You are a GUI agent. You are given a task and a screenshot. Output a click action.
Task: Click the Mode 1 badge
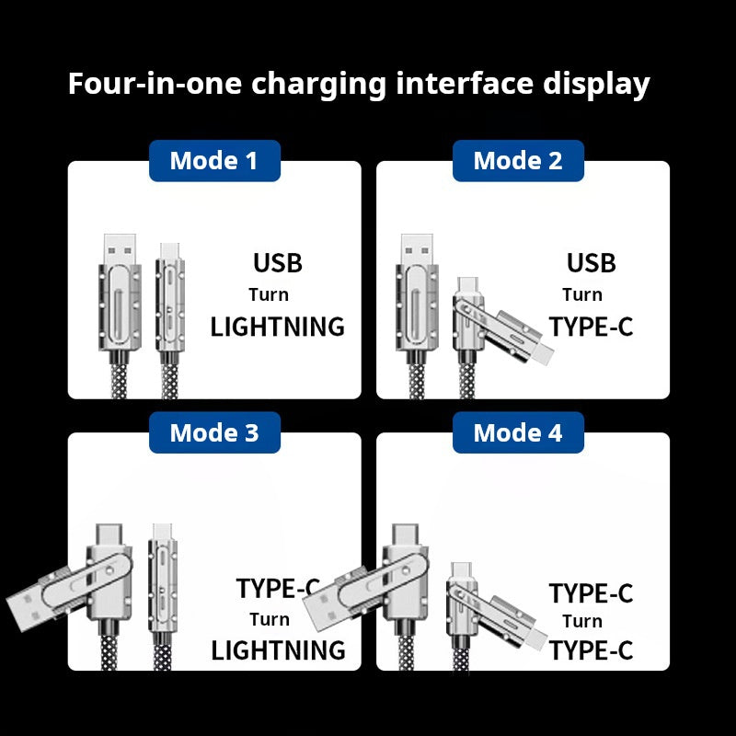(214, 161)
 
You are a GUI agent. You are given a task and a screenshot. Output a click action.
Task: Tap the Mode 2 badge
(518, 161)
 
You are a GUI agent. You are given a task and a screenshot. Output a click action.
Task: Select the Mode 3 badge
(214, 432)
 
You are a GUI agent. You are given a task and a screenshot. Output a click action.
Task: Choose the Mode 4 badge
(518, 432)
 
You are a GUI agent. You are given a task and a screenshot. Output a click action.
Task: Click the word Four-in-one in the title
(155, 84)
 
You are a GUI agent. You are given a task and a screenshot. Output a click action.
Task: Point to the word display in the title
(593, 84)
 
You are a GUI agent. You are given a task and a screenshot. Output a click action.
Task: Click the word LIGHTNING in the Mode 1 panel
(277, 327)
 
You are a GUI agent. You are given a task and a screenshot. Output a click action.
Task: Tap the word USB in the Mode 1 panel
(277, 263)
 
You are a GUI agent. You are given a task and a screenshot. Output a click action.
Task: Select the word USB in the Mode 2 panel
(591, 263)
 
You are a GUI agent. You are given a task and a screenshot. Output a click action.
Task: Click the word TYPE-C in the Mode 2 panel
(591, 327)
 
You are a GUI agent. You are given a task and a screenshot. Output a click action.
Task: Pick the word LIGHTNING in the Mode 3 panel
(278, 650)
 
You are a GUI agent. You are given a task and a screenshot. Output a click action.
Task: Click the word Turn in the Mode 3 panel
(269, 619)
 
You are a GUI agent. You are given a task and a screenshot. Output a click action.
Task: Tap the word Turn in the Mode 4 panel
(582, 621)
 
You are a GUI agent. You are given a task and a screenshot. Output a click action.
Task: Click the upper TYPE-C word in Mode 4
(591, 593)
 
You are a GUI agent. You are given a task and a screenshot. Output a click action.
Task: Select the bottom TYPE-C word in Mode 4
(591, 650)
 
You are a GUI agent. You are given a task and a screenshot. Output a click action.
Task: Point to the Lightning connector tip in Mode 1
(169, 249)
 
